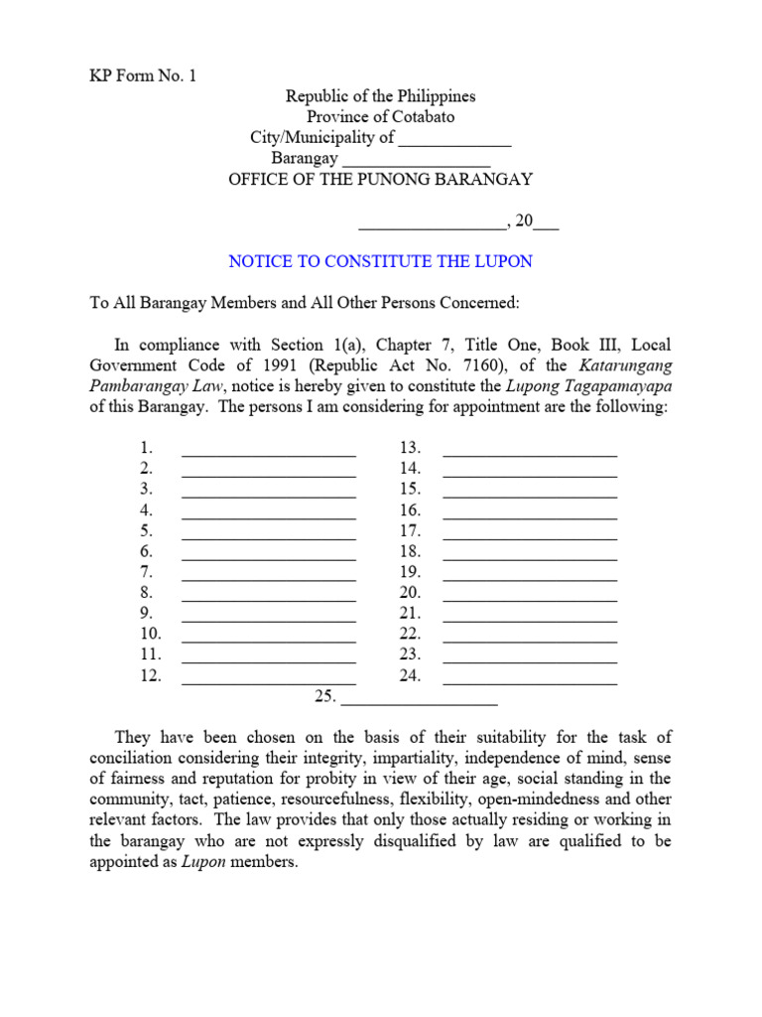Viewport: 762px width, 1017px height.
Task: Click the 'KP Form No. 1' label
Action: pos(143,75)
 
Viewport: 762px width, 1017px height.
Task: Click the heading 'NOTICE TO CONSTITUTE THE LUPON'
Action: pos(380,261)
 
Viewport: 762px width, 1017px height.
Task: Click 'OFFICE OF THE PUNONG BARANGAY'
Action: pos(380,180)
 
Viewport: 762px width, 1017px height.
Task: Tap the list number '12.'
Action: pos(151,675)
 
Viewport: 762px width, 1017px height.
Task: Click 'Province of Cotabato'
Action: pos(380,117)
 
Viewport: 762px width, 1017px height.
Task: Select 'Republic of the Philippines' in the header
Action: pos(380,96)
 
